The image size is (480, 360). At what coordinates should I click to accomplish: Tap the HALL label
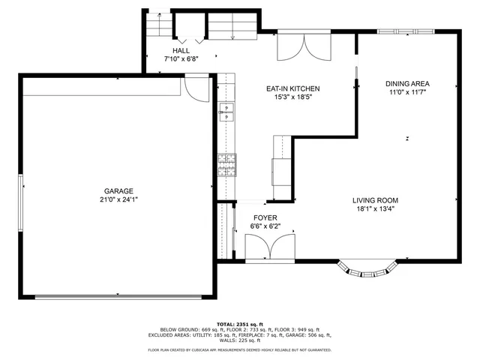coord(181,50)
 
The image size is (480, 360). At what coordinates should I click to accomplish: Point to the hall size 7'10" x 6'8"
coord(181,59)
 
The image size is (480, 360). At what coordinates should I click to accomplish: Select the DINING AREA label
coord(407,83)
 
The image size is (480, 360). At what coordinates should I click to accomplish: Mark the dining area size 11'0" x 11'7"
coord(407,92)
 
